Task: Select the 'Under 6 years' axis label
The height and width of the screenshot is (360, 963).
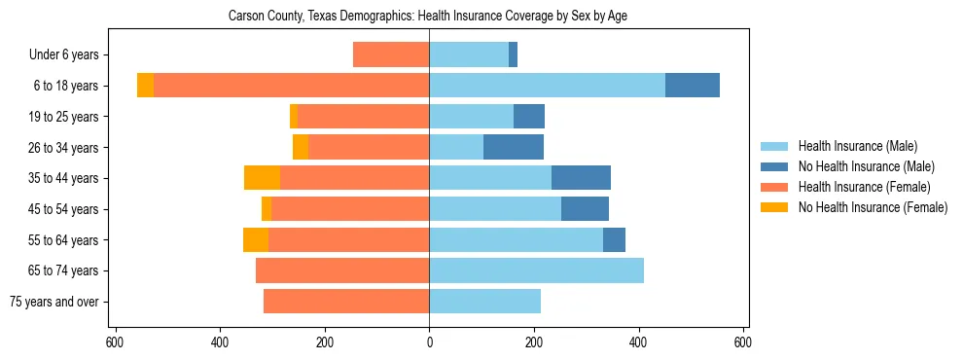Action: [64, 55]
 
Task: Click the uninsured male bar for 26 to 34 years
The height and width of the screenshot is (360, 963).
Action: [514, 147]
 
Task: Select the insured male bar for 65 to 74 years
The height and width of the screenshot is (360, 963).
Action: [536, 270]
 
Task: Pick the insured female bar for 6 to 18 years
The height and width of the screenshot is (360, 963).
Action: [291, 86]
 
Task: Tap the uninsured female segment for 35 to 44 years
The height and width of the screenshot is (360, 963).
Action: [262, 178]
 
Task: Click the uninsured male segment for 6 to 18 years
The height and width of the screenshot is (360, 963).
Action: [693, 86]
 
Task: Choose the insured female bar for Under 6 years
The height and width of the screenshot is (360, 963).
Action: [391, 54]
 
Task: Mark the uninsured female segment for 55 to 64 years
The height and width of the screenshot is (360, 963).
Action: [256, 239]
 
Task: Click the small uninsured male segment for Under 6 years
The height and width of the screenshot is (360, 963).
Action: [513, 54]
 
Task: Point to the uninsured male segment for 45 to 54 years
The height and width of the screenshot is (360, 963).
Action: [585, 209]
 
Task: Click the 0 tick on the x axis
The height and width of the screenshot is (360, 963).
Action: [429, 342]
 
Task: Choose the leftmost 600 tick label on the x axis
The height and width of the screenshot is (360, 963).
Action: [115, 342]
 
